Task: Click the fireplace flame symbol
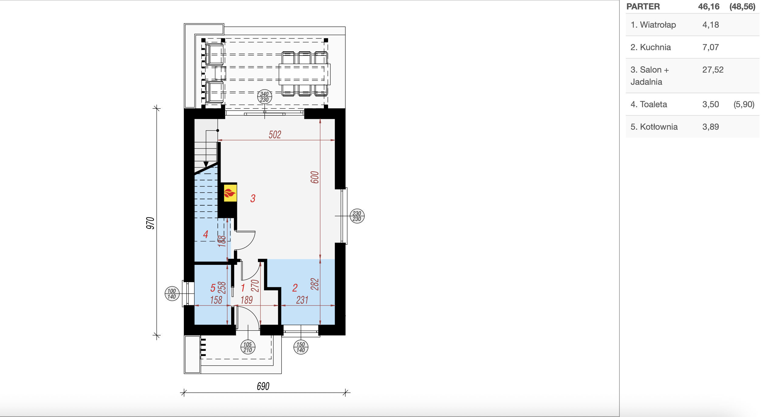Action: (230, 193)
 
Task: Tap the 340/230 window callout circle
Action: (264, 97)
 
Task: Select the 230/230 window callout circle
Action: (357, 216)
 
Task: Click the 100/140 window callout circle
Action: (172, 294)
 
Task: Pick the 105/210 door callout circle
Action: (248, 347)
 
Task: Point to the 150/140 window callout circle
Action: (301, 347)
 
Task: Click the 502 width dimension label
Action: (275, 135)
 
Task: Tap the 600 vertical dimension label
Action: (315, 177)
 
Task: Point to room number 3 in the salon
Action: (253, 198)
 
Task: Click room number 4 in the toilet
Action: (206, 234)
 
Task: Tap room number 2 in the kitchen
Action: (295, 288)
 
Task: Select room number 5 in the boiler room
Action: (213, 288)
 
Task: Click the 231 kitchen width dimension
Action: (302, 300)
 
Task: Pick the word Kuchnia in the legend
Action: (655, 47)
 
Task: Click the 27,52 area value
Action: (713, 70)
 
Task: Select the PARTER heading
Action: (643, 7)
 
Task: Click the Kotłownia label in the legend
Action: (659, 127)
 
